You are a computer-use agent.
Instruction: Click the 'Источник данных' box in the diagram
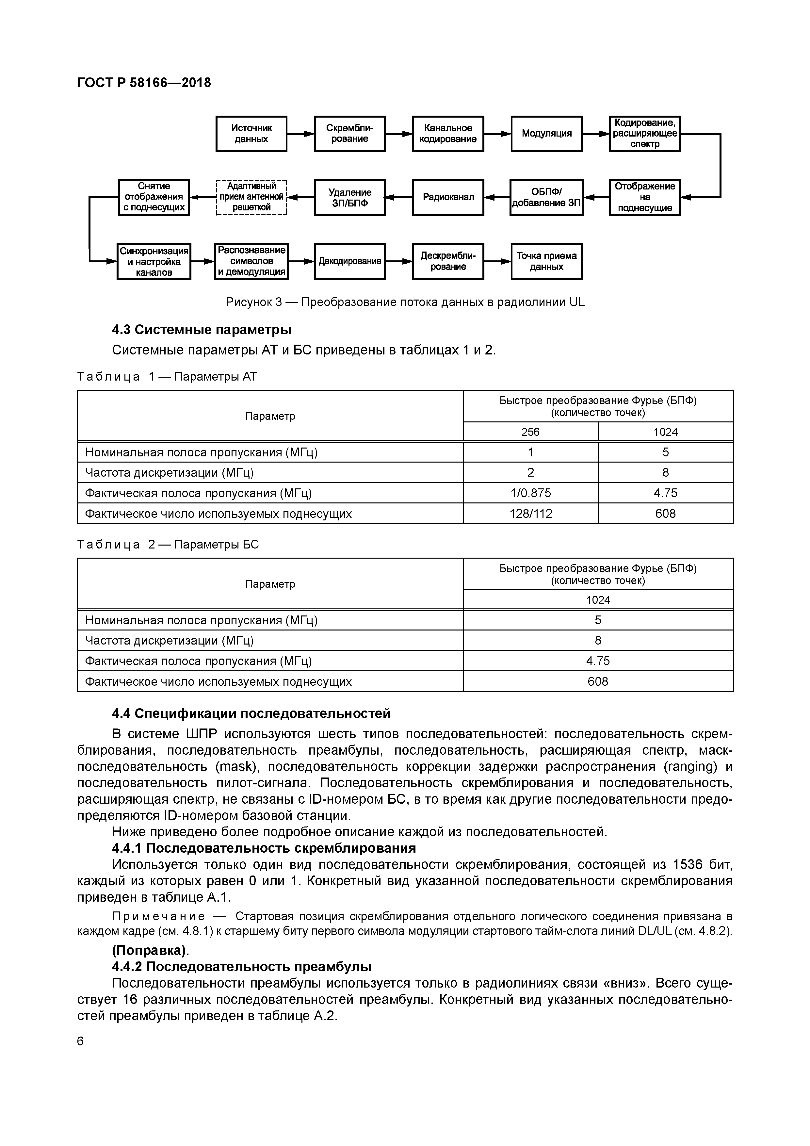coord(251,134)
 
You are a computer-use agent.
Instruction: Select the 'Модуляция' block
coord(546,134)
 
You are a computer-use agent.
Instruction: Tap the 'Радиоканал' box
coord(448,197)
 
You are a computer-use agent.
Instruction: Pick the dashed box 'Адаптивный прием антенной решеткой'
coord(251,197)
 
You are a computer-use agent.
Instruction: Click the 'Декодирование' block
coord(349,261)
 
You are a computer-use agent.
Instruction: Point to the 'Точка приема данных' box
coord(546,261)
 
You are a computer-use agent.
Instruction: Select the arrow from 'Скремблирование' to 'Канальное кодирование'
coord(399,134)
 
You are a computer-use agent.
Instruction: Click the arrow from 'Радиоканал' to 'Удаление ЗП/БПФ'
coord(399,197)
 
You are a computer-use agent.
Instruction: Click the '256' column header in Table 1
coord(530,432)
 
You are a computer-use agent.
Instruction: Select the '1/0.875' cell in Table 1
coord(530,493)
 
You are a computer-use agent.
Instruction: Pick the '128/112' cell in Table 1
coord(530,514)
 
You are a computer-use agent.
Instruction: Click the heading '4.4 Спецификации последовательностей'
coord(251,714)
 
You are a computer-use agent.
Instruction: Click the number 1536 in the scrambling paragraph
coord(688,864)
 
